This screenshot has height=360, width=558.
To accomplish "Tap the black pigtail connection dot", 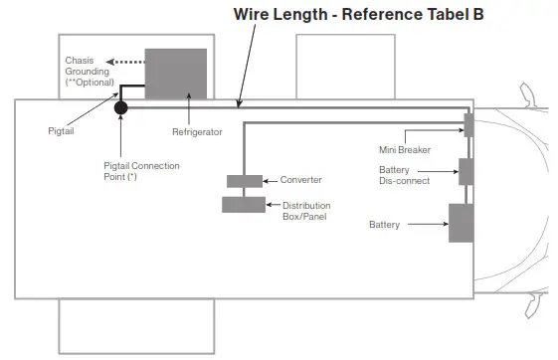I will pos(120,107).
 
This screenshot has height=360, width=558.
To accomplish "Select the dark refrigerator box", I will pos(175,74).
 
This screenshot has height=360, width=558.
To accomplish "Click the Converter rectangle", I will pos(245,181).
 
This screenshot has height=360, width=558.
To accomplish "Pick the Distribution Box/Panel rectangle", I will pos(244,204).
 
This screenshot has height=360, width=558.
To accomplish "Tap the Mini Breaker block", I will pos(468,125).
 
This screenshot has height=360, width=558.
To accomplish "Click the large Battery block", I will pos(461,223).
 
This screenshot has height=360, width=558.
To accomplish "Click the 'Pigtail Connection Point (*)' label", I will pos(141,171).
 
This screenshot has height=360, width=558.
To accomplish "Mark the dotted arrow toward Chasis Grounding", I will pos(124,63).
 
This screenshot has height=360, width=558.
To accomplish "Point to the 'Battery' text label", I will pos(384,226).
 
